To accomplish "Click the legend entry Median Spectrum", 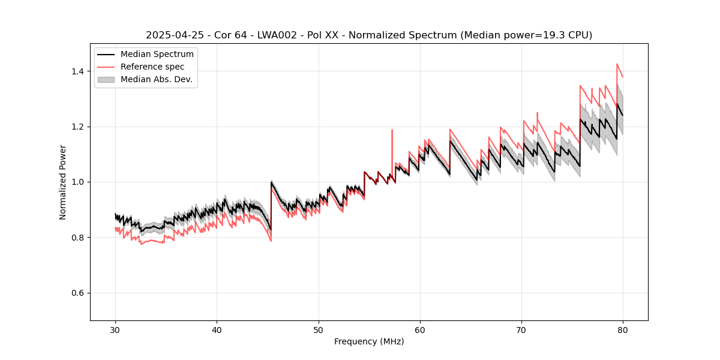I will (157, 55).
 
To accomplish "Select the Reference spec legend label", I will (152, 67).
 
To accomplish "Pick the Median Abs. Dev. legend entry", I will (156, 79).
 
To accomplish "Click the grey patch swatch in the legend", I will (106, 79).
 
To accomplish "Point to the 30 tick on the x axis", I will (116, 329).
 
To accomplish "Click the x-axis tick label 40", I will (217, 329).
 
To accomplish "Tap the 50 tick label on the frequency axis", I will (319, 329).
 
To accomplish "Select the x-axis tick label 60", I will (420, 329).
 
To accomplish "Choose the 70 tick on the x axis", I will (521, 329).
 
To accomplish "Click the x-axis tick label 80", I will (623, 329).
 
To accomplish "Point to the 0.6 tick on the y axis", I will (78, 293).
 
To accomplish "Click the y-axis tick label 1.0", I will (78, 182).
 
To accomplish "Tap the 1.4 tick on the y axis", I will (78, 71).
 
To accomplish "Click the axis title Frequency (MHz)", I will (369, 341).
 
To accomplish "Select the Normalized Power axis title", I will (63, 182).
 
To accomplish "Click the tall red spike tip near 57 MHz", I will (392, 130).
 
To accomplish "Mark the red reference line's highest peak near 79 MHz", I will (617, 64).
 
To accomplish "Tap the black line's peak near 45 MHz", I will (272, 182).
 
